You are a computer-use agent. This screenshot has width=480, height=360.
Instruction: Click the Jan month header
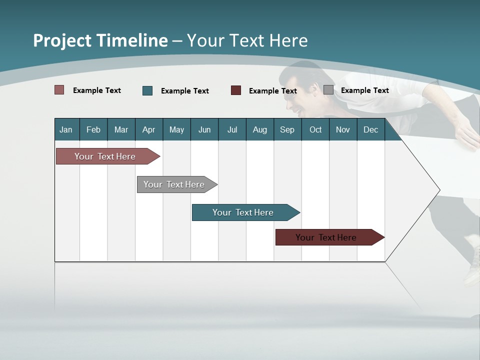pyautogui.click(x=66, y=129)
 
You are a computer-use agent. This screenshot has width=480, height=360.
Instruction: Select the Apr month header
pyautogui.click(x=148, y=129)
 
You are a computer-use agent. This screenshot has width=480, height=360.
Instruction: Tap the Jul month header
pyautogui.click(x=232, y=129)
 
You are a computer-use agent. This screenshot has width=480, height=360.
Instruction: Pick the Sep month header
pyautogui.click(x=287, y=129)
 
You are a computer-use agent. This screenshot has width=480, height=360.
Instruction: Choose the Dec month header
pyautogui.click(x=370, y=129)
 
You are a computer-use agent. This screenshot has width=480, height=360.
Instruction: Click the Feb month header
pyautogui.click(x=93, y=129)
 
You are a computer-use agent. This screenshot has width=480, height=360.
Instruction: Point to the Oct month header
pyautogui.click(x=315, y=129)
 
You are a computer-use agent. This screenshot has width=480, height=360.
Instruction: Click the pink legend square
pyautogui.click(x=59, y=90)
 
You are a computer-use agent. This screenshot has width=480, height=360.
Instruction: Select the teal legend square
pyautogui.click(x=147, y=90)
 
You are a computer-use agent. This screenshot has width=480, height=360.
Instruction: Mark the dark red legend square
pyautogui.click(x=236, y=90)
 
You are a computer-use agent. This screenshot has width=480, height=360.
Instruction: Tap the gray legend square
pyautogui.click(x=328, y=90)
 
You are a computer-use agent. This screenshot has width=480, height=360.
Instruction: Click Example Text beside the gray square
pyautogui.click(x=364, y=90)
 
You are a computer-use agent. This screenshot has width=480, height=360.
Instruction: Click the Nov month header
pyautogui.click(x=343, y=129)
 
